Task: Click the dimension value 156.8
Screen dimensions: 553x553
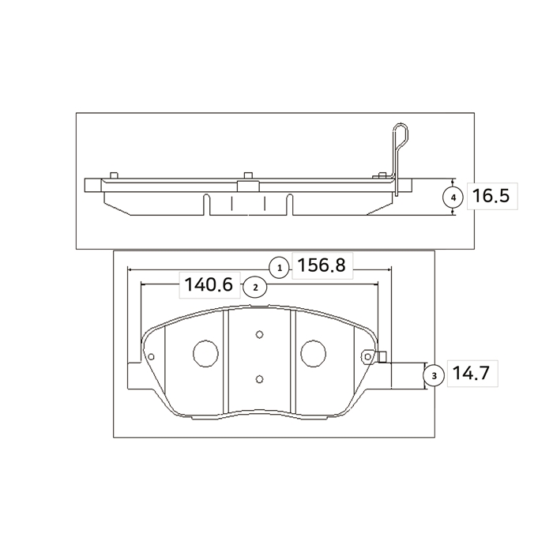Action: click(x=322, y=265)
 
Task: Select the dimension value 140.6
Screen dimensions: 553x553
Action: click(x=209, y=284)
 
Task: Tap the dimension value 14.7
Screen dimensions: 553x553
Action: click(x=471, y=373)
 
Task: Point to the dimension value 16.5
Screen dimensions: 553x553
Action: click(x=491, y=196)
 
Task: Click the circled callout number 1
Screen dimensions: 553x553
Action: click(x=280, y=268)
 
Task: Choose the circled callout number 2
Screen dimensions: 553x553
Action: click(x=255, y=288)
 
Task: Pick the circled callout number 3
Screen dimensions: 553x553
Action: click(x=434, y=375)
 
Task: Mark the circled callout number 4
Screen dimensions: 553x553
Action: click(x=453, y=197)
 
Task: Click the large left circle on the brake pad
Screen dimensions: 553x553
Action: click(x=205, y=353)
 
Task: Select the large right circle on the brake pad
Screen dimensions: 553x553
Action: click(x=313, y=353)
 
